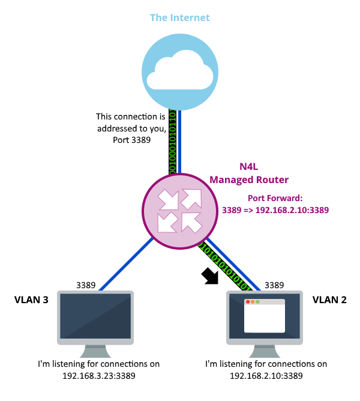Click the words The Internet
click(x=179, y=17)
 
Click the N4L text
click(x=248, y=166)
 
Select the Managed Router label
click(x=248, y=179)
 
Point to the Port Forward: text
click(x=275, y=197)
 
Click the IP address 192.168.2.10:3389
click(x=292, y=210)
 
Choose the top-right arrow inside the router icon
click(x=191, y=199)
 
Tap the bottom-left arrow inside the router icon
click(x=167, y=222)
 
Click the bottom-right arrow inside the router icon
click(x=191, y=222)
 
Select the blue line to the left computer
click(x=126, y=264)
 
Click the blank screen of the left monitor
click(x=95, y=316)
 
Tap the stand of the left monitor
click(x=95, y=351)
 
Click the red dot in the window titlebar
click(x=248, y=302)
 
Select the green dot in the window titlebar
click(x=258, y=302)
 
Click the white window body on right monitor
click(x=265, y=318)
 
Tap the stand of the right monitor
click(x=265, y=351)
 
